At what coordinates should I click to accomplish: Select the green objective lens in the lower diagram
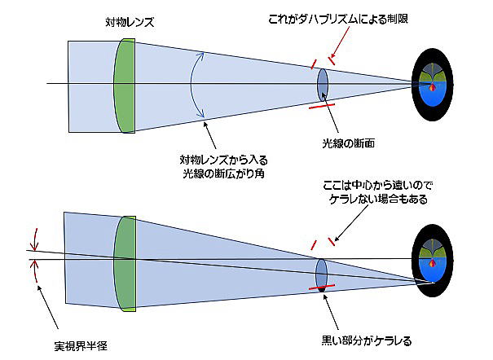[x=124, y=262]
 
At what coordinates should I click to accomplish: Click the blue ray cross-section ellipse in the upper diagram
[x=323, y=82]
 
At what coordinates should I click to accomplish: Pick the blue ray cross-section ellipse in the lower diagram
[x=321, y=272]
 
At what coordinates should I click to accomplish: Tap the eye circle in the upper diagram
[x=433, y=83]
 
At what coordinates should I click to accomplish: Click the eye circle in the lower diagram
[x=431, y=260]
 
